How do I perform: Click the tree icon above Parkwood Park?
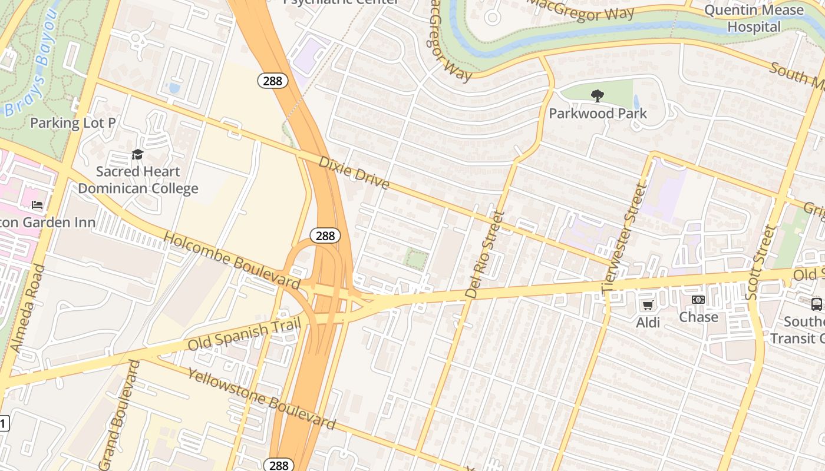click(x=598, y=95)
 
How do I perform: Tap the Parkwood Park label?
click(x=598, y=113)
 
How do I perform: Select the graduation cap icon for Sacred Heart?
click(x=137, y=155)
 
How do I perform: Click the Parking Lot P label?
click(x=72, y=123)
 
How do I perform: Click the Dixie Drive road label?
click(x=354, y=173)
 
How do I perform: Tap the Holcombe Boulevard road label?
click(x=231, y=260)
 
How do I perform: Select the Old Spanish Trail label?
click(x=245, y=334)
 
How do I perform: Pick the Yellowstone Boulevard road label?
click(x=261, y=399)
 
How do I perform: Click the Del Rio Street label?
click(x=485, y=254)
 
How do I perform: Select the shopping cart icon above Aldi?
click(x=648, y=305)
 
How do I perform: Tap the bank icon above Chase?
click(x=698, y=300)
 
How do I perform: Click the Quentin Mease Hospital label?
click(x=754, y=18)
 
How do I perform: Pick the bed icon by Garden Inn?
click(x=37, y=205)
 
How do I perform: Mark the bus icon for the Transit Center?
click(x=817, y=304)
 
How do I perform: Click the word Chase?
click(x=698, y=317)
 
